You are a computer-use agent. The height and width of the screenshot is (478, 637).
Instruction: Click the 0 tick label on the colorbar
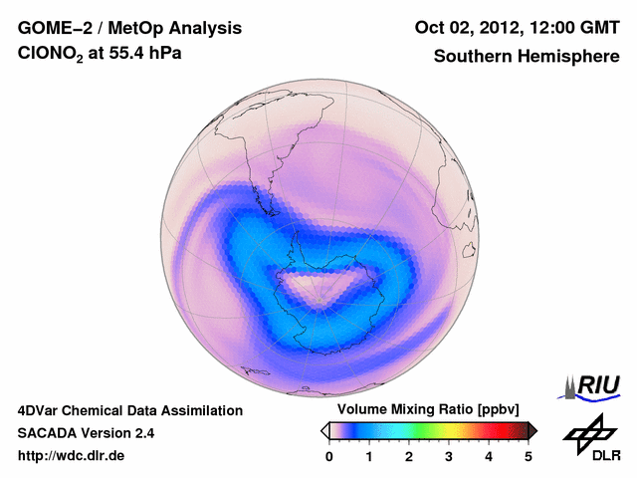tap(329, 456)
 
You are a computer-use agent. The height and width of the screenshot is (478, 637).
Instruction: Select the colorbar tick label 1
tap(369, 456)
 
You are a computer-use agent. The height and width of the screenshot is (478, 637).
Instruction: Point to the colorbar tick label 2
tap(409, 456)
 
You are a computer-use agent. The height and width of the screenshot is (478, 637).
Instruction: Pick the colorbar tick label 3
tap(449, 456)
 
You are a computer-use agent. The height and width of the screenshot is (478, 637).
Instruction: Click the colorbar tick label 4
tap(489, 456)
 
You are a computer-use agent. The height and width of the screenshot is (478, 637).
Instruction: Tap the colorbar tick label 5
tap(529, 456)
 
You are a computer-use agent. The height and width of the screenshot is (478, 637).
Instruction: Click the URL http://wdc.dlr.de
tap(72, 456)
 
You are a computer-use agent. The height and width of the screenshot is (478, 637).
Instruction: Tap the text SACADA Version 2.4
tap(86, 433)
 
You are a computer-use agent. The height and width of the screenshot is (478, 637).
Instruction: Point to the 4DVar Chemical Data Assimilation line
tap(129, 410)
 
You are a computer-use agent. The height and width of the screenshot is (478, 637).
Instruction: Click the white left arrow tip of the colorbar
tap(324, 430)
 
